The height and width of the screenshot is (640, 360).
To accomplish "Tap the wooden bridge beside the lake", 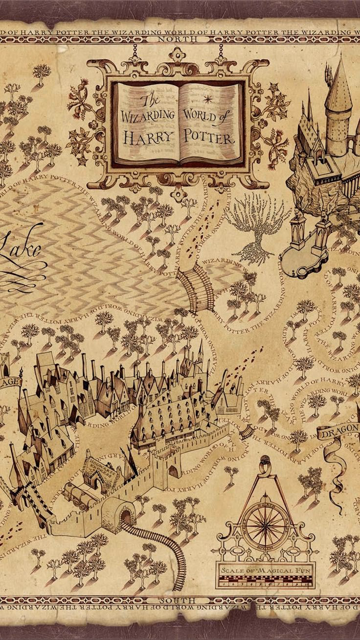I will tap(196, 289).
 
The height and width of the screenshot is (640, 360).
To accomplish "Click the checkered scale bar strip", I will tap(267, 581).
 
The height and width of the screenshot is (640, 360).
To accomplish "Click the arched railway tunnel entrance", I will tap(126, 516).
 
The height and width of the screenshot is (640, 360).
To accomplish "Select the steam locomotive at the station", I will tap(78, 494).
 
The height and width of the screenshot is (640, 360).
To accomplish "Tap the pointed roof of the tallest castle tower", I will tap(339, 86).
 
